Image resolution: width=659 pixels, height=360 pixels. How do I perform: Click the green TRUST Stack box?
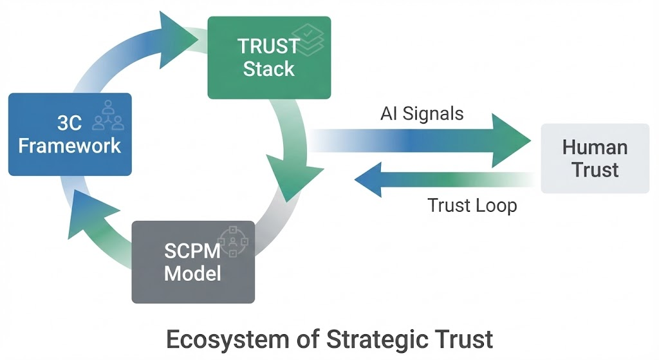(x=269, y=57)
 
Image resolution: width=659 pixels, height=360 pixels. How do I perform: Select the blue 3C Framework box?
(x=70, y=134)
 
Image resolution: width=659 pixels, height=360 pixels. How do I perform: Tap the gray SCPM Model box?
(x=193, y=261)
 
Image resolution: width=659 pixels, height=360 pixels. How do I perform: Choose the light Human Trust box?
(x=595, y=158)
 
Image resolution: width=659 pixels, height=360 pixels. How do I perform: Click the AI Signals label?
(x=422, y=114)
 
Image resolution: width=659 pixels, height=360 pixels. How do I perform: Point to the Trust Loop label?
(x=472, y=205)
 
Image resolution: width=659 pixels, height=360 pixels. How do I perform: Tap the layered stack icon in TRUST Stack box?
(x=311, y=40)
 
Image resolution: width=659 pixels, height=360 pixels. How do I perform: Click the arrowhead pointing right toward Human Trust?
(x=512, y=140)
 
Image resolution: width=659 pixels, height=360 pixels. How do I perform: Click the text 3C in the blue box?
(x=70, y=122)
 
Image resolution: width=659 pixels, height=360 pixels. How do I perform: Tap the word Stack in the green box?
(x=269, y=68)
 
